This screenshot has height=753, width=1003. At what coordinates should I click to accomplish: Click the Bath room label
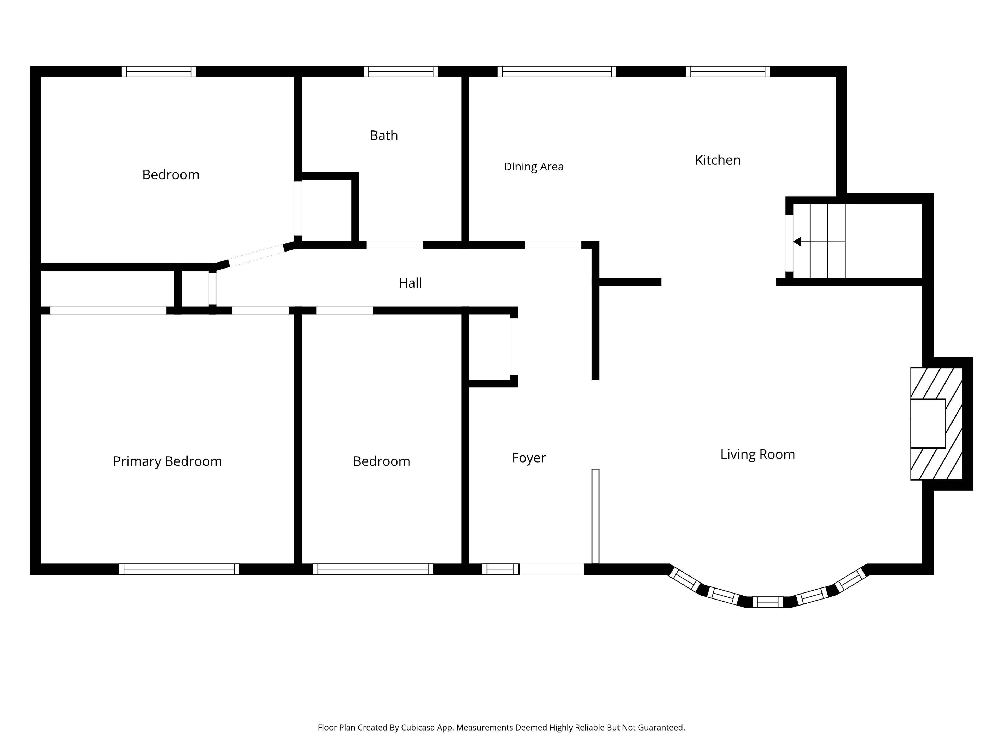click(x=384, y=135)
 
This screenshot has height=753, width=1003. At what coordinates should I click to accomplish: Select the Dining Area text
click(x=534, y=167)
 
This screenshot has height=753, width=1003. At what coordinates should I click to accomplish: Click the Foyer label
click(x=529, y=458)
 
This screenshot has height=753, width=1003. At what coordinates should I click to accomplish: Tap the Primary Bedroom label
click(x=167, y=461)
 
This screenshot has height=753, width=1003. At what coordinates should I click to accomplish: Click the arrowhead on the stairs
click(x=797, y=242)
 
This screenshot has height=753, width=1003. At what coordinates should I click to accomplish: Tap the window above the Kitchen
click(x=728, y=72)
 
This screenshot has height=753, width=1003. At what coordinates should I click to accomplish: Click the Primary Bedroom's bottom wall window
click(x=179, y=569)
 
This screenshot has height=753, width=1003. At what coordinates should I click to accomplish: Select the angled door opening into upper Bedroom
click(x=256, y=255)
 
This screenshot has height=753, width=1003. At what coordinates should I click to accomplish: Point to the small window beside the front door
click(x=500, y=569)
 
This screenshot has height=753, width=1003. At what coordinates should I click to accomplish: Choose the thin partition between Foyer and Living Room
click(x=595, y=516)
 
